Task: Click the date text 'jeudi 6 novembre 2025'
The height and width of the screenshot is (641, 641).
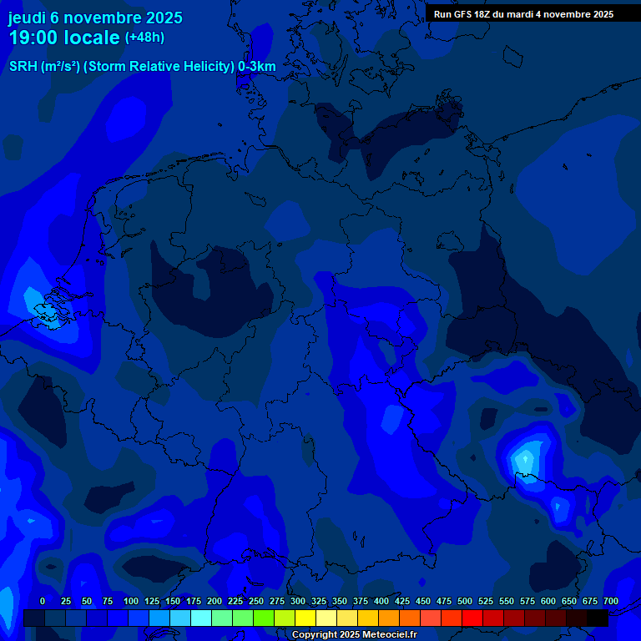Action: point(95,18)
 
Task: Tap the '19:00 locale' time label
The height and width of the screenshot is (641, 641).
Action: point(64,38)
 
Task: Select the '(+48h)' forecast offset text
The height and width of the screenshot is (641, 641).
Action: point(144,38)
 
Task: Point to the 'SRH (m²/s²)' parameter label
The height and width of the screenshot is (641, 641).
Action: point(44,67)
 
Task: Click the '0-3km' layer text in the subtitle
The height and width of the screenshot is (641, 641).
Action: point(256,67)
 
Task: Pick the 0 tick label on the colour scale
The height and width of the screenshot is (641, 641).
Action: point(43,601)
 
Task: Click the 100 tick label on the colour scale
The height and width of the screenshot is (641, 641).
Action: point(131,601)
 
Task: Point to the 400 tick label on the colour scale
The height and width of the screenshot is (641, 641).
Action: point(381,601)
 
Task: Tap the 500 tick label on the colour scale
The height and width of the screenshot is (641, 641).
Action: point(465,601)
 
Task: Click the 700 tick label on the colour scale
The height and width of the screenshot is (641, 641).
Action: point(610,601)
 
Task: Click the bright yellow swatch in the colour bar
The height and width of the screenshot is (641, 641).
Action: point(305,618)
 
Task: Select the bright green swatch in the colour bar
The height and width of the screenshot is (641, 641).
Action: point(263,618)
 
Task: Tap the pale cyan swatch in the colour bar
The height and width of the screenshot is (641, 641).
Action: point(200,618)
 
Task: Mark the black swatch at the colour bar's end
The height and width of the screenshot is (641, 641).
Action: point(597,618)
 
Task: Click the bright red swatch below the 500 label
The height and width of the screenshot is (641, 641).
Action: point(472,618)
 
